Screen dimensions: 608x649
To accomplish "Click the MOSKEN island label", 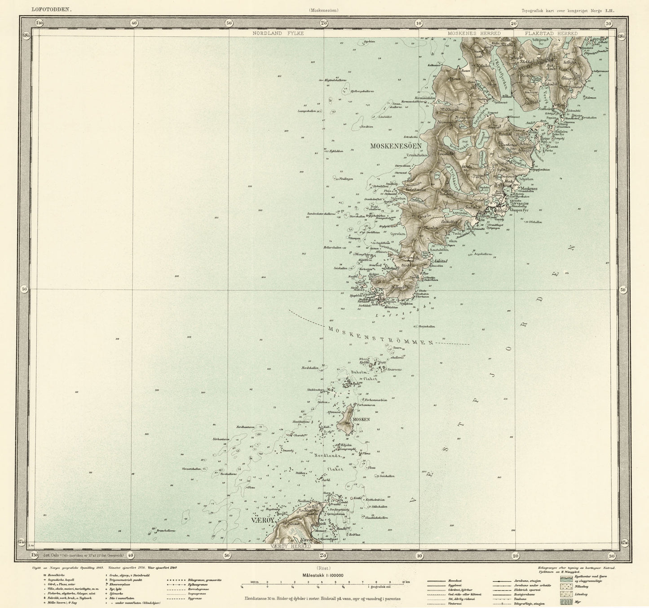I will coord(361,419).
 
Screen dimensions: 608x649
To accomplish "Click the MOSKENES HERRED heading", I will coord(474,33).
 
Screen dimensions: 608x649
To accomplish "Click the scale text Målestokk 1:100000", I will coord(323,575).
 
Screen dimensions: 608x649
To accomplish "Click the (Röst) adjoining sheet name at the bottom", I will coord(323,568).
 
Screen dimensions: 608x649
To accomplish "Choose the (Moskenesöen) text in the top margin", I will coord(323,10).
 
